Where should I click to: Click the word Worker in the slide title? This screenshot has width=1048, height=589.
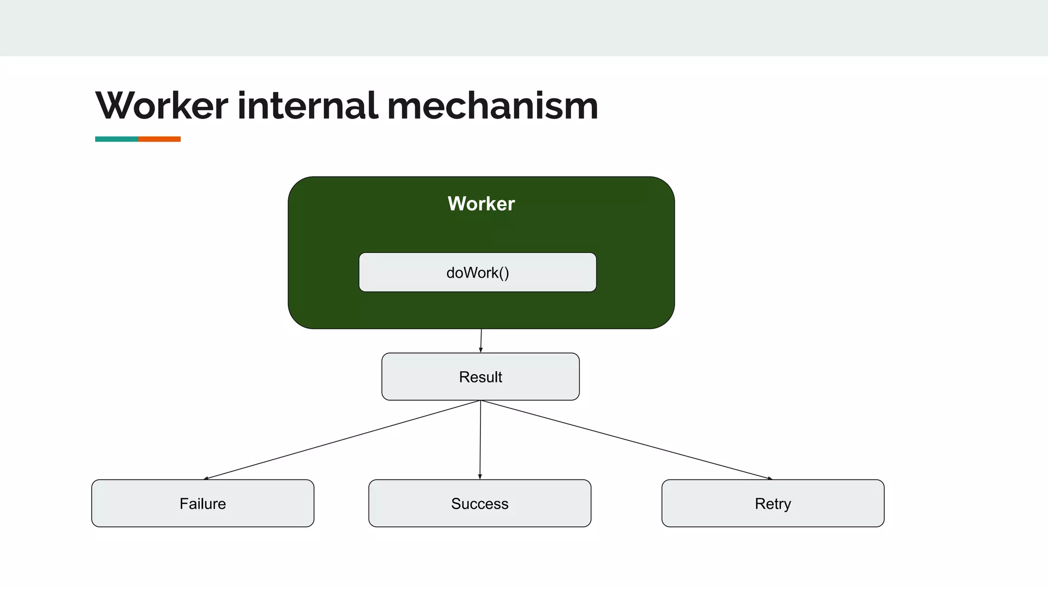[161, 106]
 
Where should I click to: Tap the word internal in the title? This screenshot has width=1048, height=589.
[307, 106]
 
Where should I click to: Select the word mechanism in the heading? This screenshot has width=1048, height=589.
[492, 106]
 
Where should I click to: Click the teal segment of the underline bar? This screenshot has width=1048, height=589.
[117, 139]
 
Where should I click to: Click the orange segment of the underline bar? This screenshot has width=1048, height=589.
[159, 139]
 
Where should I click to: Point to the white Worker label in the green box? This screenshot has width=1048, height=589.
[481, 203]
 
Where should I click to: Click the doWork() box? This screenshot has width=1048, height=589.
[477, 272]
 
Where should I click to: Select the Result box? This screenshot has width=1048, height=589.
[481, 377]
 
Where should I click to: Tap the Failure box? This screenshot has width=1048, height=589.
[203, 503]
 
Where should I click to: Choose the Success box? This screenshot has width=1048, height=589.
[479, 503]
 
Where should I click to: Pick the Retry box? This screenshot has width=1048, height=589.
[773, 503]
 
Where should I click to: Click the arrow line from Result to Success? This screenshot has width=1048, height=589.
[480, 440]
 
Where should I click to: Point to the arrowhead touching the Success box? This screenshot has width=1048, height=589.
[480, 477]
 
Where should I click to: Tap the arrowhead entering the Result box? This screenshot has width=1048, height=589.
[481, 350]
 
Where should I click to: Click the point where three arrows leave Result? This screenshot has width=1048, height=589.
[481, 400]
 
